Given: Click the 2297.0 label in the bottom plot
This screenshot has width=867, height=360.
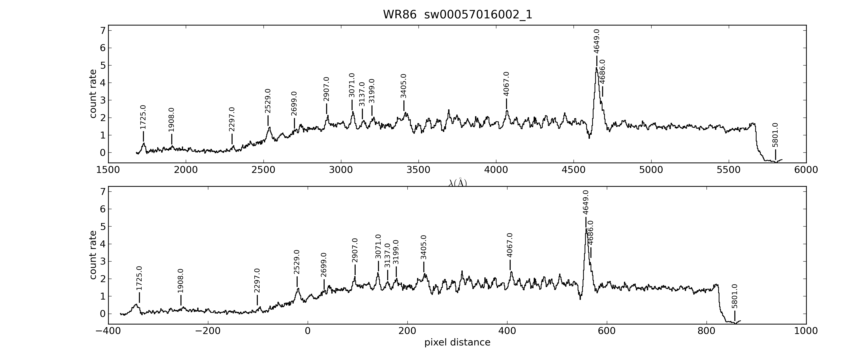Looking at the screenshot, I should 257,281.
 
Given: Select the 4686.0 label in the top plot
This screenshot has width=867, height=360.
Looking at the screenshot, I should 602,72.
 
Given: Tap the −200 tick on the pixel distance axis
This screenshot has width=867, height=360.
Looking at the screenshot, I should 208,331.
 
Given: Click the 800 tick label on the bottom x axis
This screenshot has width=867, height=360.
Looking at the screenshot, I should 706,331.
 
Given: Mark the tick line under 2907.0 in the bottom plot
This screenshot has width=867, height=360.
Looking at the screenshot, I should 355,270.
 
